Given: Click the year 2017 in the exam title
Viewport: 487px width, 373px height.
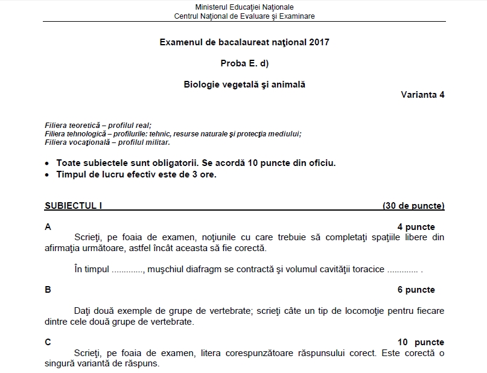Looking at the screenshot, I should pos(320,42).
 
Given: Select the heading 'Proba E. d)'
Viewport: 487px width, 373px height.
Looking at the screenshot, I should pos(244,63).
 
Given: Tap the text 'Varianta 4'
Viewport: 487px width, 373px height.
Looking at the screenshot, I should pos(422,95).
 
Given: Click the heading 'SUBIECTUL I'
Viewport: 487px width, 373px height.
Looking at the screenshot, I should pos(74,206).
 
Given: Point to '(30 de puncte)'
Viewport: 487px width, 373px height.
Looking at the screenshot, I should pos(413,206).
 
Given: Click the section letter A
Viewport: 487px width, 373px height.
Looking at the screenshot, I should pos(48,227).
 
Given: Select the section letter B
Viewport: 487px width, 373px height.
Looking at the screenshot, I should pos(48,290).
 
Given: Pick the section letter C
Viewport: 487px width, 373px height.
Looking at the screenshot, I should pos(48,342).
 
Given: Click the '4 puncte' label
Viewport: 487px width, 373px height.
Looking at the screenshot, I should pos(416,227).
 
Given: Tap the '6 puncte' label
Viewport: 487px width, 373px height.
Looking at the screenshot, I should pos(416,290).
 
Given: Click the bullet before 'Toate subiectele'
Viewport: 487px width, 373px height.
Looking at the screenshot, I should pos(48,164).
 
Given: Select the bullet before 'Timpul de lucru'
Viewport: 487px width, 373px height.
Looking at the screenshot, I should pos(48,175).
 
